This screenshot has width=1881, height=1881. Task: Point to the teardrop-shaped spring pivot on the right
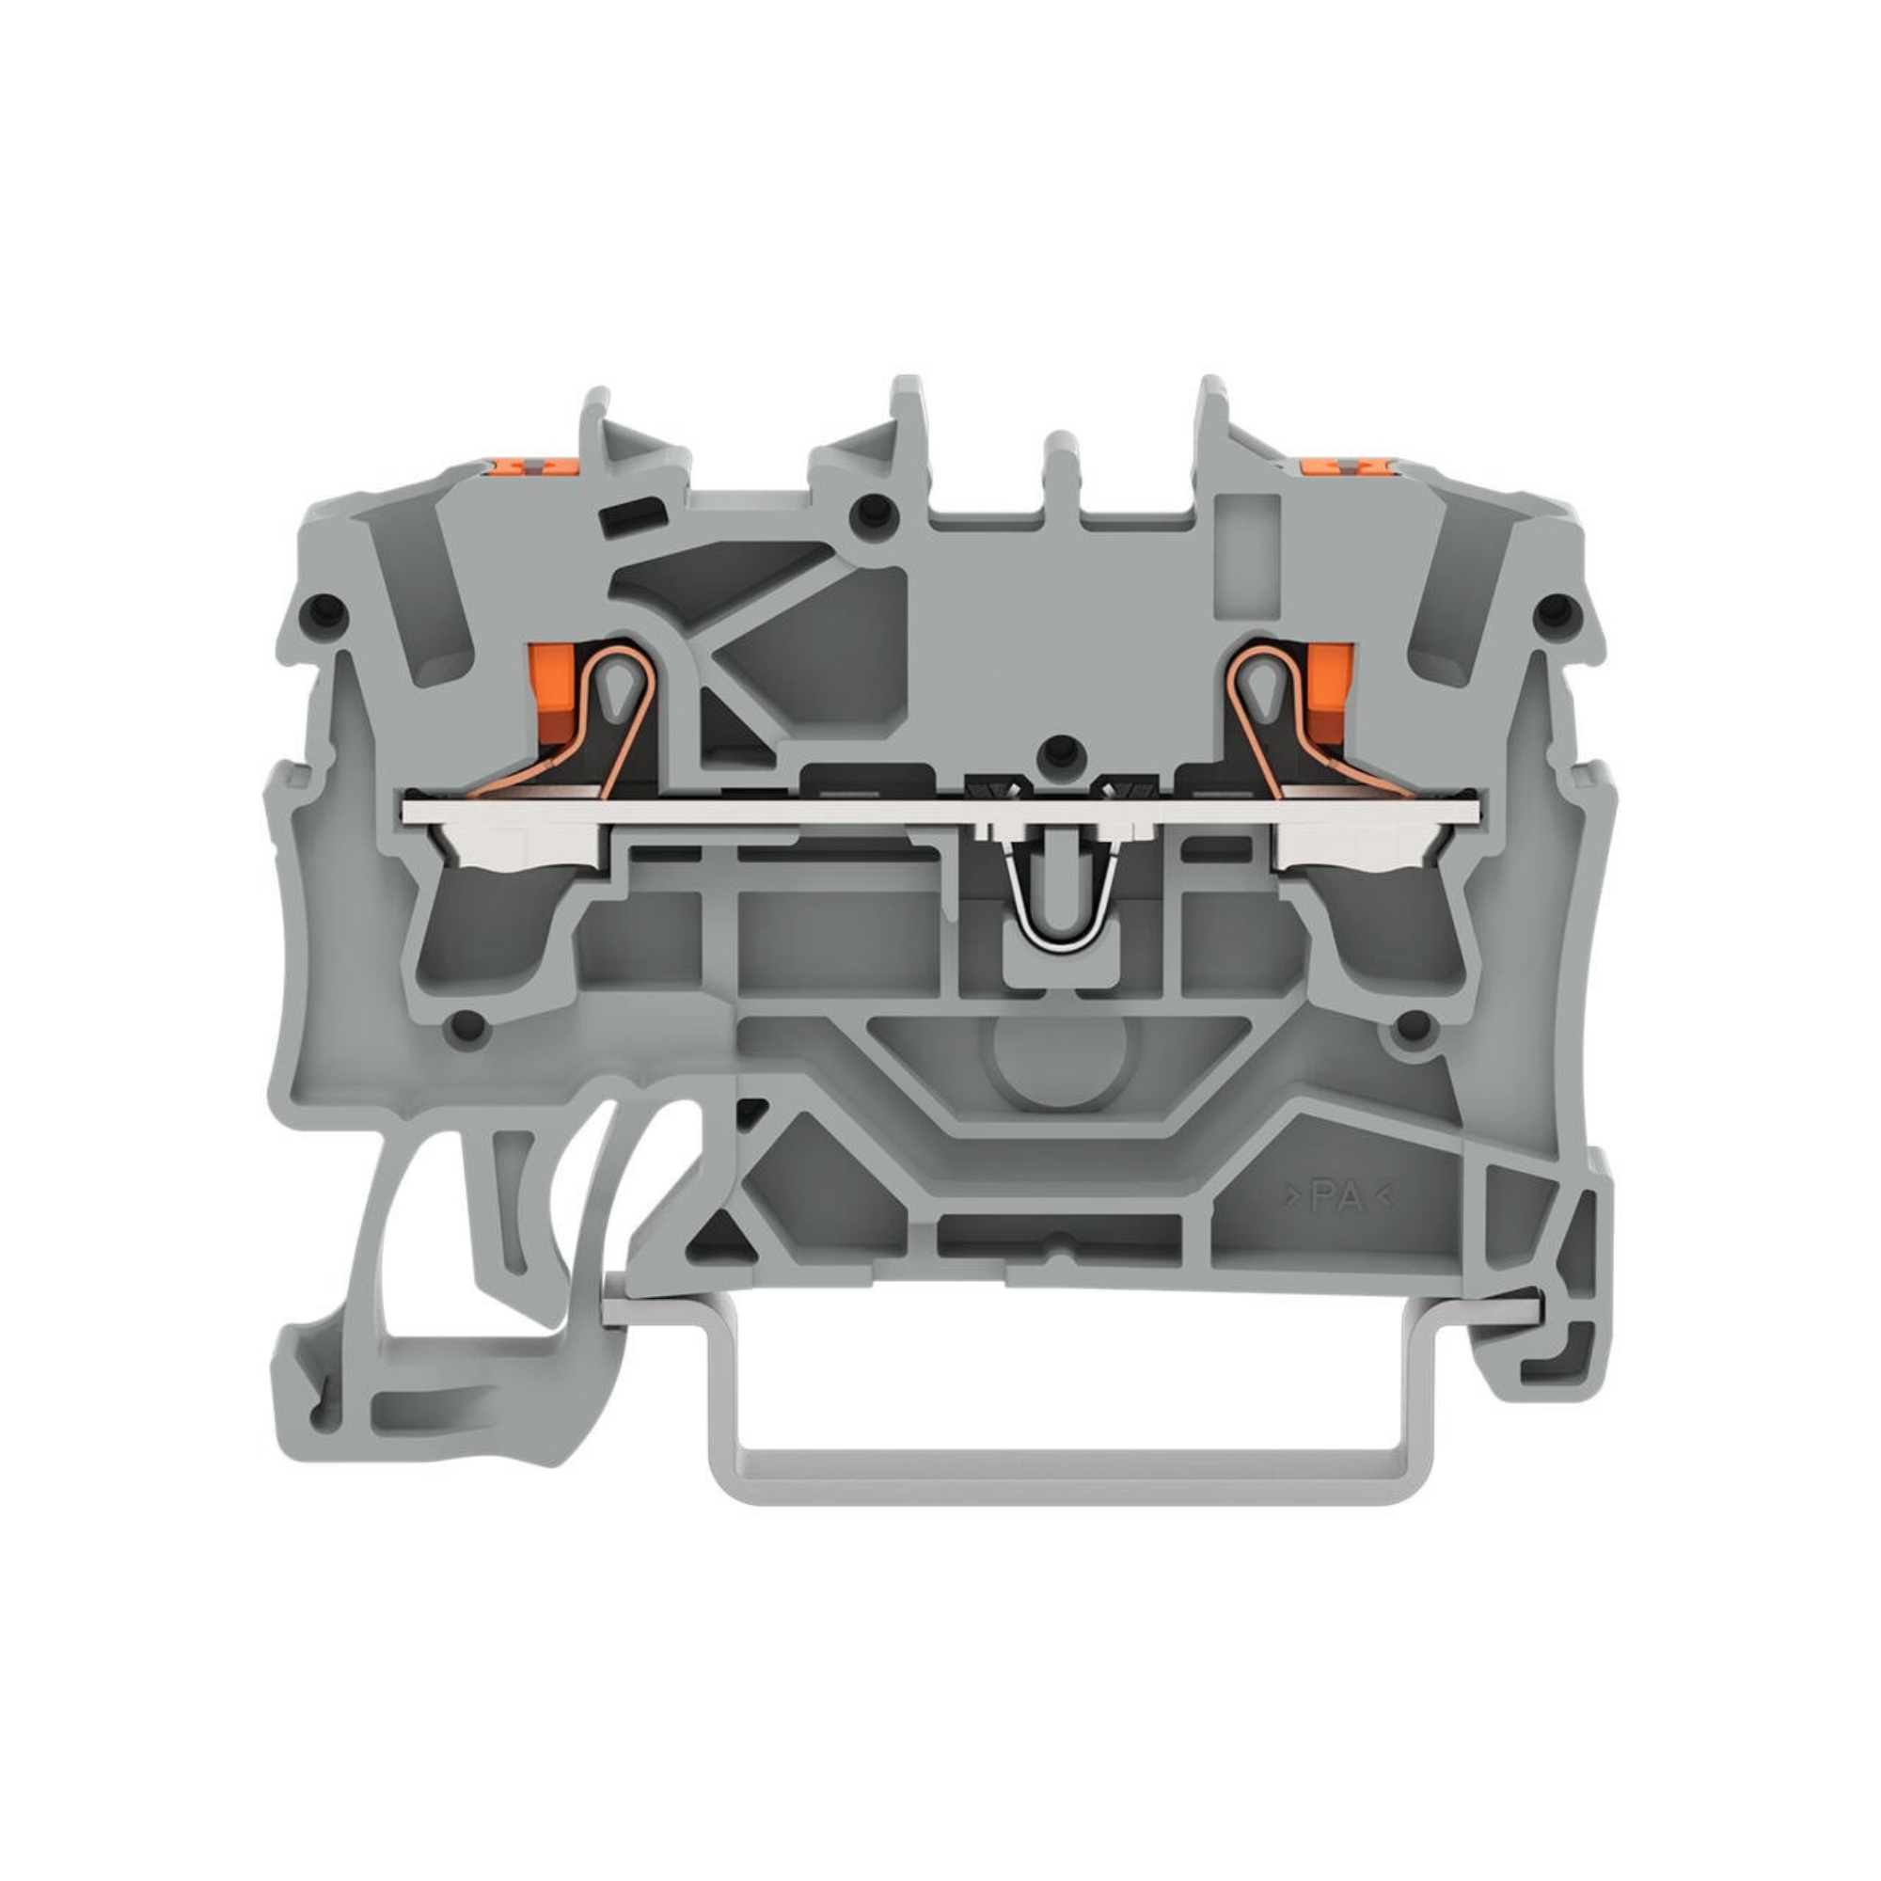click(1262, 688)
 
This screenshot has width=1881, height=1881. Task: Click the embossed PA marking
click(1338, 1198)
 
